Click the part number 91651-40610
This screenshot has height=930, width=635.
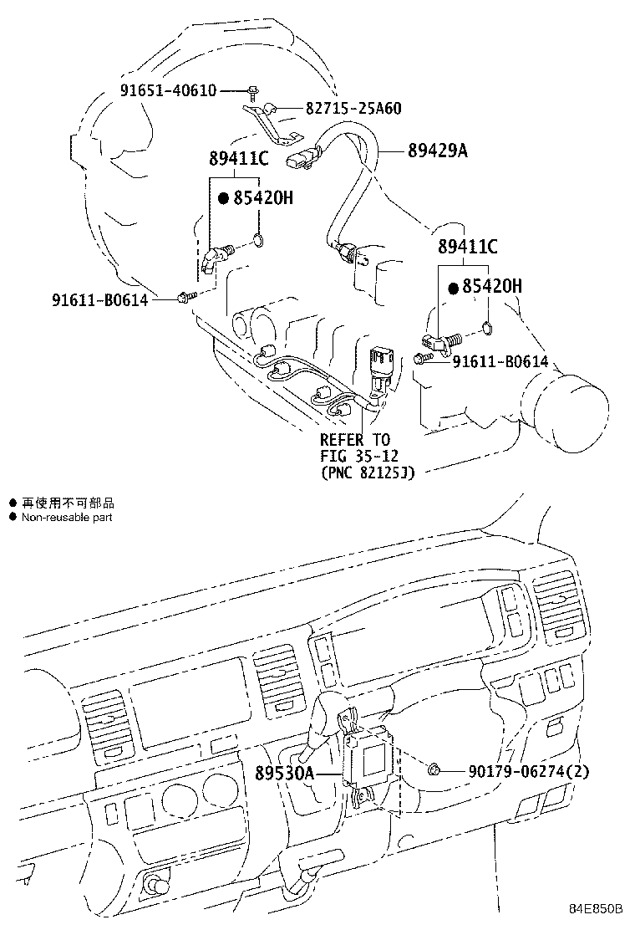coord(166,90)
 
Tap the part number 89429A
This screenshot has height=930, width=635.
coord(438,151)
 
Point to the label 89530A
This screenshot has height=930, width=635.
coord(284,774)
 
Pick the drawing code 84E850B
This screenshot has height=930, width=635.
coord(597,910)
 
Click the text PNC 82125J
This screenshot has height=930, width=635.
coord(368,473)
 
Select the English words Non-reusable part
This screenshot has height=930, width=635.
coord(67,518)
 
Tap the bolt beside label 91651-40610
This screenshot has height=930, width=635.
coord(252,90)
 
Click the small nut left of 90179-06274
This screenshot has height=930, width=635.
coord(434,770)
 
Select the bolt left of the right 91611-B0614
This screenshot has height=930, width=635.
coord(420,359)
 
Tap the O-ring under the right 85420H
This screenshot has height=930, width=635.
coord(489,328)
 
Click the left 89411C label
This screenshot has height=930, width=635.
coord(238,158)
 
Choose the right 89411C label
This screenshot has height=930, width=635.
coord(468,247)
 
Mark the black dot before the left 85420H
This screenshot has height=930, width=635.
coord(223,199)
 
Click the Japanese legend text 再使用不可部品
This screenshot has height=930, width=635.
coord(68,503)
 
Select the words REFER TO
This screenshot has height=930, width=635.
coord(355,440)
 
